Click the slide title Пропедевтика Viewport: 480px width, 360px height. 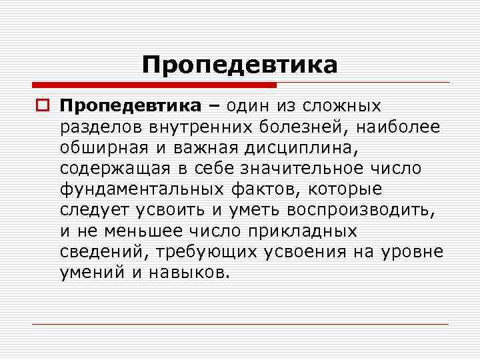tap(239, 65)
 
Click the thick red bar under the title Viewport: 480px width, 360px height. tap(154, 85)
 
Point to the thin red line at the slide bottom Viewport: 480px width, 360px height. tap(240, 324)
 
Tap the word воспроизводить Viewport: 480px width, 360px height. tap(363, 211)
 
